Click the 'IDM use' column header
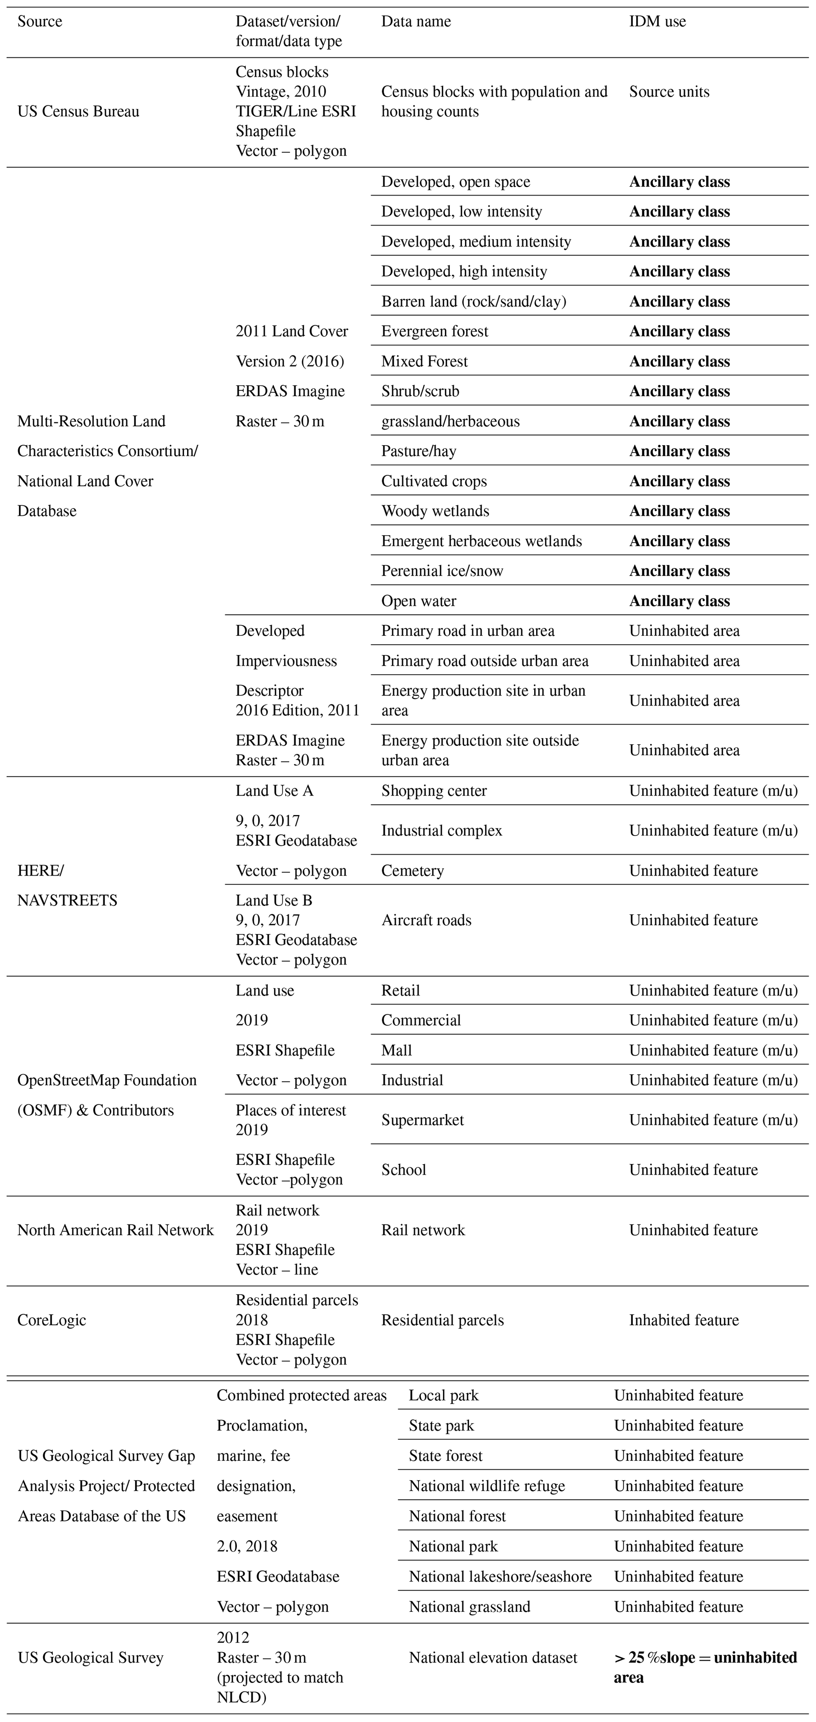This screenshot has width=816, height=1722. coord(657,21)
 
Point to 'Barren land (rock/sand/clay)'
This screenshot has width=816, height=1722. coord(474,302)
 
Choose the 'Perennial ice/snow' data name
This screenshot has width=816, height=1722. coord(442,571)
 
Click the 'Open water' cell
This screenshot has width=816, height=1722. coord(419,601)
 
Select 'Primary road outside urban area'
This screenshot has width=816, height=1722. coord(485,661)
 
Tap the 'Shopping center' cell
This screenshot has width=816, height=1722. coord(434,791)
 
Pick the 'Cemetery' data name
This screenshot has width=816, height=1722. coord(412,870)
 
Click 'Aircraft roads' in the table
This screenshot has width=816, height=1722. coord(426,920)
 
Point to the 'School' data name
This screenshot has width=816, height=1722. coord(403,1170)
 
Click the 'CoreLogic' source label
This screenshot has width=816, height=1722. coord(51,1320)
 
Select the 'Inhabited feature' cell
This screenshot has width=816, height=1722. coord(684,1320)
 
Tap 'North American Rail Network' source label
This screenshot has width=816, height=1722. coord(115,1230)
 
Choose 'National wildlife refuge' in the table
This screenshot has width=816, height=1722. coord(487,1486)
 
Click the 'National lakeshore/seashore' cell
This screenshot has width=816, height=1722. coord(500,1576)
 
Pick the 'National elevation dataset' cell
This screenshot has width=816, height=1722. coord(493,1658)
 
